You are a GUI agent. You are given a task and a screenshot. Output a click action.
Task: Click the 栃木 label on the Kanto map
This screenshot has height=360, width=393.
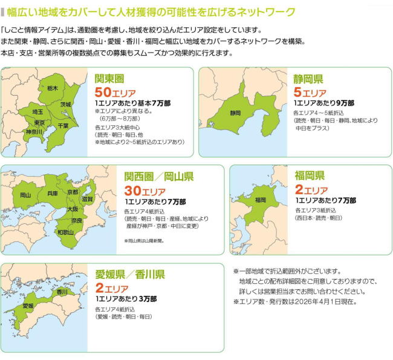point(53,88)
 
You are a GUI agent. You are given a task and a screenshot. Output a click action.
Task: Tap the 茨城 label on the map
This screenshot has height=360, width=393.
point(65,104)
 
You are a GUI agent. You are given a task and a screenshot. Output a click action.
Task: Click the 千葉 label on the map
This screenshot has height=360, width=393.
point(63,125)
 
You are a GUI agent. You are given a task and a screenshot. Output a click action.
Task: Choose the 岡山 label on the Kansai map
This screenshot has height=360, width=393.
point(25,195)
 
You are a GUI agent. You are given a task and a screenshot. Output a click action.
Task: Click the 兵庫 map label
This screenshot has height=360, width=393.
point(52,194)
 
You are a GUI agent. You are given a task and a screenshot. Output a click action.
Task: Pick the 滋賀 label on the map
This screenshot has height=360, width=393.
point(87,198)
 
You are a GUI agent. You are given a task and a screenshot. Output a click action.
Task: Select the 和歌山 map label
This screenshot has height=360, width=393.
point(65,232)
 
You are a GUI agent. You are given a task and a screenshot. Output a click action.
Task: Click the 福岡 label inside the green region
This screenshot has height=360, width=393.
point(261,200)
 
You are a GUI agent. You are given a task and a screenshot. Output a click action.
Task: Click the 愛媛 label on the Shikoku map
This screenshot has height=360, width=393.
point(28,306)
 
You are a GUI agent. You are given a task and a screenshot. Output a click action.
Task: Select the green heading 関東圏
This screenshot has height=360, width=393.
point(111,79)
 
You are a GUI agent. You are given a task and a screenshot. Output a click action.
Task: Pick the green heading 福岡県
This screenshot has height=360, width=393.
point(310,176)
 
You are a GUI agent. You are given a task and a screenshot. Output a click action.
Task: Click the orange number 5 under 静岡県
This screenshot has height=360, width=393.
point(297,93)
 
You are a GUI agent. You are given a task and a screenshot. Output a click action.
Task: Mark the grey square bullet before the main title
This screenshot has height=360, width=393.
point(4,12)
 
